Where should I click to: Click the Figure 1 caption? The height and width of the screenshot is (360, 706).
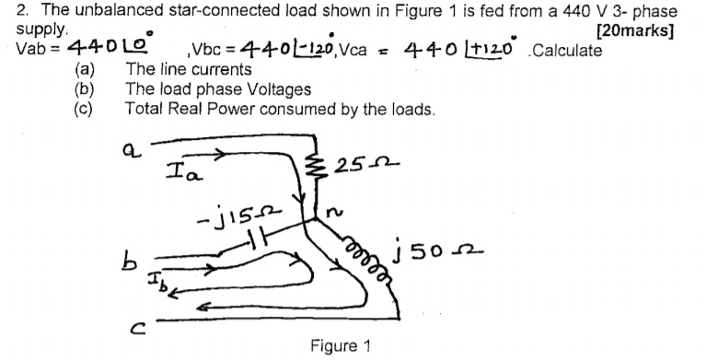[340, 346]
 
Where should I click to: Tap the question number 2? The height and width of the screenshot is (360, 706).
[9, 11]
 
